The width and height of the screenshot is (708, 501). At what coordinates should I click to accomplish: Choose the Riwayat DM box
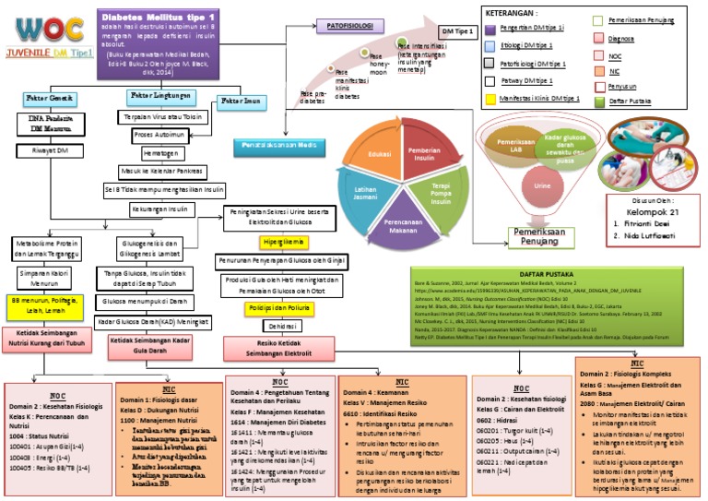click(47, 149)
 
